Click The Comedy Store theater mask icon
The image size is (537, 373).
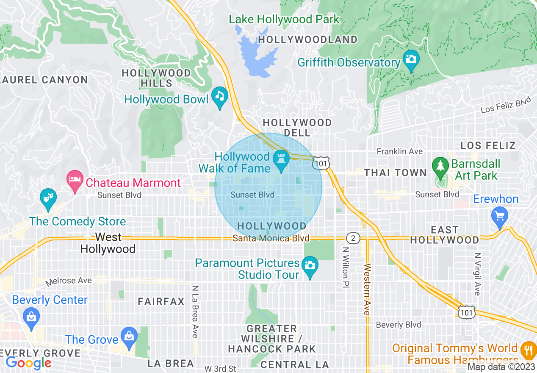pyautogui.click(x=48, y=198)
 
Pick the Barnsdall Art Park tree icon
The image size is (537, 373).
pyautogui.click(x=441, y=166)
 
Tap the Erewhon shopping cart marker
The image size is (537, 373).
pyautogui.click(x=500, y=216)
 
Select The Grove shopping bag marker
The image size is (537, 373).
pyautogui.click(x=128, y=336)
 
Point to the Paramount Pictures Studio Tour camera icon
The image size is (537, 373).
pyautogui.click(x=310, y=266)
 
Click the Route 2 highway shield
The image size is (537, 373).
pyautogui.click(x=353, y=238)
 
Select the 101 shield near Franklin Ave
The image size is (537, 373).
pyautogui.click(x=321, y=162)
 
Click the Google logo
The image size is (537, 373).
pyautogui.click(x=28, y=363)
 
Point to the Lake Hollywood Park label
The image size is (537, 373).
pyautogui.click(x=284, y=19)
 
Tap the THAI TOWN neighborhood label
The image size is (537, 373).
pyautogui.click(x=396, y=173)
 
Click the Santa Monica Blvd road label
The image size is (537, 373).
pyautogui.click(x=271, y=238)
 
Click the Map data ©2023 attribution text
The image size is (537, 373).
pyautogui.click(x=501, y=367)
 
